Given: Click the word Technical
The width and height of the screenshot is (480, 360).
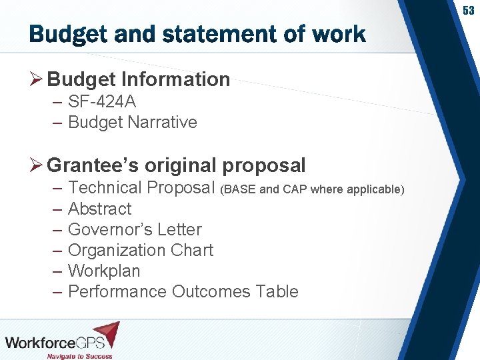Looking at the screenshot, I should pos(105,188).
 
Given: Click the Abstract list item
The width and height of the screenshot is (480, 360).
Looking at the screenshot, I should pos(100,209).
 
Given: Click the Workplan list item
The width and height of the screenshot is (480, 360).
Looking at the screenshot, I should pos(104,271).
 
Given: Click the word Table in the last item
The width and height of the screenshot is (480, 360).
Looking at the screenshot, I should pos(279,291).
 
